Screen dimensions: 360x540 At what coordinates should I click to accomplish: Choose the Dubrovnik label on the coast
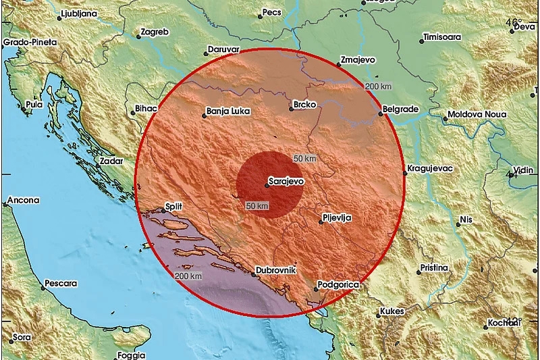pyautogui.click(x=276, y=270)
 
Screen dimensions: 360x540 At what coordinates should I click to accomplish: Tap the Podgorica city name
pyautogui.click(x=339, y=286)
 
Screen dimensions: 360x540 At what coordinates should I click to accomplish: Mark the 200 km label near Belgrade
pyautogui.click(x=377, y=87)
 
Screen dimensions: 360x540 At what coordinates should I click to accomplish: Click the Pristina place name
pyautogui.click(x=434, y=267)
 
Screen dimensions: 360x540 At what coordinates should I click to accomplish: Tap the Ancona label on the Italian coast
pyautogui.click(x=24, y=200)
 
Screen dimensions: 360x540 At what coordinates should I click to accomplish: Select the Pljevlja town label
pyautogui.click(x=337, y=217)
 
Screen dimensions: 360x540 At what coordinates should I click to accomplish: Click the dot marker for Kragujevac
pyautogui.click(x=404, y=173)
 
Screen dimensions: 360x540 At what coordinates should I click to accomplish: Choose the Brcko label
pyautogui.click(x=300, y=106)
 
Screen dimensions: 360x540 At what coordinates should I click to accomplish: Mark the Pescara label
pyautogui.click(x=60, y=284)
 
